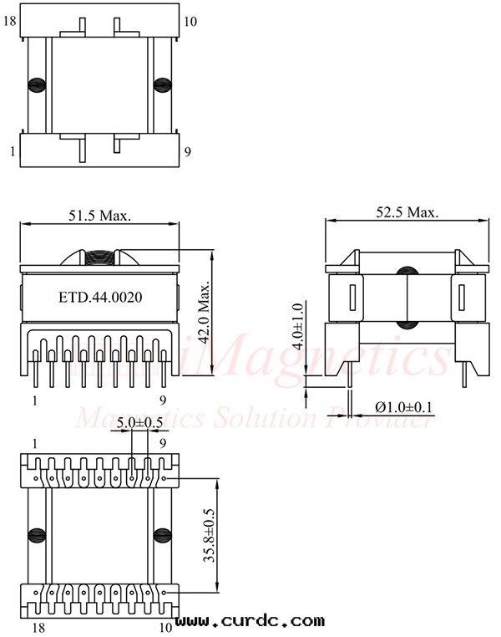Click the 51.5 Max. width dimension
point(99,215)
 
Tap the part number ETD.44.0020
point(100,297)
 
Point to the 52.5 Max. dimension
point(407,213)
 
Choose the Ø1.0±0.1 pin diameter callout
point(404,407)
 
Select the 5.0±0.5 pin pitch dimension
point(139,422)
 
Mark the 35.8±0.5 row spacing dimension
point(210,536)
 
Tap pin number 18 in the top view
point(10,22)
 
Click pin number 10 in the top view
point(190,22)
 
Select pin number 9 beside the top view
point(188,151)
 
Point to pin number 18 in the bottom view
point(38,624)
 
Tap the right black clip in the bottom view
point(159,535)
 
